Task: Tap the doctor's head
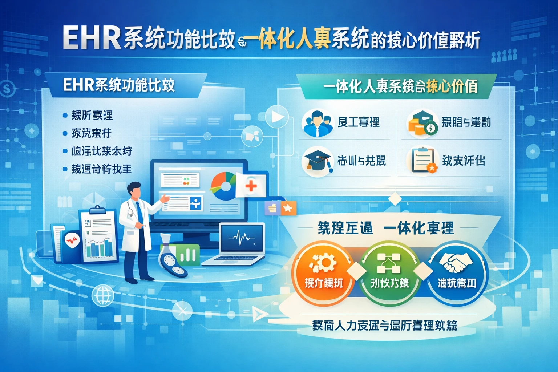coord(135,190)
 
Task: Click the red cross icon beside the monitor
coord(251,186)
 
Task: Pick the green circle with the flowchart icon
coord(389,272)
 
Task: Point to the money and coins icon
coord(421,123)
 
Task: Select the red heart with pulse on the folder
coord(72,240)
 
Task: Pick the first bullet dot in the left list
coord(65,116)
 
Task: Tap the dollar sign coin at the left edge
coord(7,88)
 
